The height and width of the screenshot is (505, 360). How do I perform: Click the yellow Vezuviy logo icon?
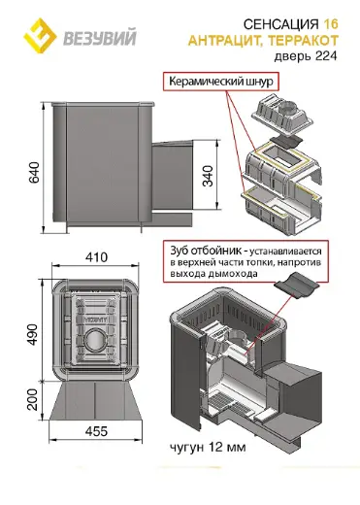click(40, 35)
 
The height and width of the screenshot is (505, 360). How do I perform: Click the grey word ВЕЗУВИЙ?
click(100, 38)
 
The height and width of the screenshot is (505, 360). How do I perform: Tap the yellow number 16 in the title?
click(330, 24)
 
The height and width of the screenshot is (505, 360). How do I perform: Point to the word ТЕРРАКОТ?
click(303, 41)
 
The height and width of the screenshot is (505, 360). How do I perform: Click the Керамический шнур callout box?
click(221, 82)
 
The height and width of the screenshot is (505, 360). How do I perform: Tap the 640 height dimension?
click(34, 172)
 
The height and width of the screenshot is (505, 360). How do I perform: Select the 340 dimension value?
click(208, 176)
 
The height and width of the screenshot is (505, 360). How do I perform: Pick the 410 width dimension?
click(96, 257)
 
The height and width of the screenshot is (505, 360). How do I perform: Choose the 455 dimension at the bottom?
click(97, 431)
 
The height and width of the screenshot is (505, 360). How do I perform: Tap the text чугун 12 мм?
click(208, 448)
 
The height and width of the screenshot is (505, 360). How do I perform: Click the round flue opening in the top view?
click(94, 340)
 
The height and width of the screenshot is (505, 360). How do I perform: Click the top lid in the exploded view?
click(282, 115)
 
